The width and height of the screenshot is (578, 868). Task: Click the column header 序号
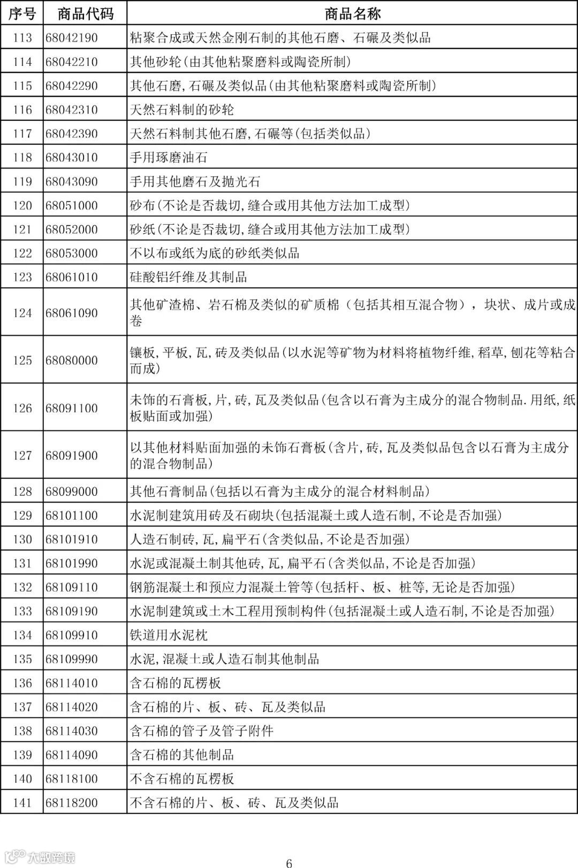(x=22, y=13)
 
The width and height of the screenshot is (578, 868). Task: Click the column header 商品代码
(x=85, y=13)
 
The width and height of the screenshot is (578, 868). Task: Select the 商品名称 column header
(x=352, y=13)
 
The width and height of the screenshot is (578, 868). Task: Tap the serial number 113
(x=22, y=38)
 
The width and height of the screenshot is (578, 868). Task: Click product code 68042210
(x=72, y=62)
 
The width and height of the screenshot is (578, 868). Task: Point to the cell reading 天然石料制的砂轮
(x=182, y=110)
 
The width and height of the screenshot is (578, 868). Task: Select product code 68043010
(x=72, y=158)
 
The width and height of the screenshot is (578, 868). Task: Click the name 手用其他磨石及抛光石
(x=195, y=182)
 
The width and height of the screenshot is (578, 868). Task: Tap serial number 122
(x=22, y=254)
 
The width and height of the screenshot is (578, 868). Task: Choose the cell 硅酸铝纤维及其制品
(x=188, y=277)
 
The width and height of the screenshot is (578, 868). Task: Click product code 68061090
(x=72, y=313)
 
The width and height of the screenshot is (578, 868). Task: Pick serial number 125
(x=22, y=360)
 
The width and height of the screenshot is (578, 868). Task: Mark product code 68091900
(x=72, y=456)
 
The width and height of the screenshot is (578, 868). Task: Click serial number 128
(x=22, y=491)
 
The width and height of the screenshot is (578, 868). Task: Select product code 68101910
(x=72, y=539)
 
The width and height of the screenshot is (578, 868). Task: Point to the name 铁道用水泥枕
(x=169, y=635)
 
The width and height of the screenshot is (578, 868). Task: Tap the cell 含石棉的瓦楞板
(x=176, y=683)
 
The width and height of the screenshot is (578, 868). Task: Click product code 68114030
(x=72, y=731)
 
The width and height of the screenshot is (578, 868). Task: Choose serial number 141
(x=22, y=803)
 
